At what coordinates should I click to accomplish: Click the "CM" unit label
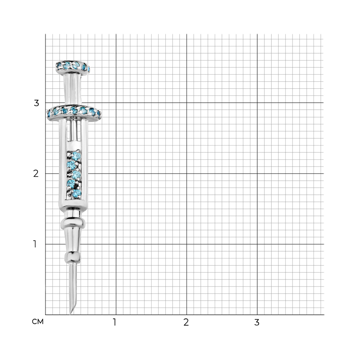point(38,322)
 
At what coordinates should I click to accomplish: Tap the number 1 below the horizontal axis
point(115,322)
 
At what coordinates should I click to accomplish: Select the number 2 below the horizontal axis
point(186,322)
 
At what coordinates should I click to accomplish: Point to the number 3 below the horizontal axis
point(257,322)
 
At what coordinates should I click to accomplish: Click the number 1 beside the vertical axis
point(35,244)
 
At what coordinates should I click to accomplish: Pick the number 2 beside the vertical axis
point(36,174)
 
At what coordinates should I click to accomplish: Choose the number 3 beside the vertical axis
point(36,103)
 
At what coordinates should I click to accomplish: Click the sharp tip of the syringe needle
point(70,314)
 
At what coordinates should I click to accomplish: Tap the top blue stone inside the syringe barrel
point(76,156)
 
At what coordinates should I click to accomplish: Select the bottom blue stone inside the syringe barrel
point(77,193)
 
